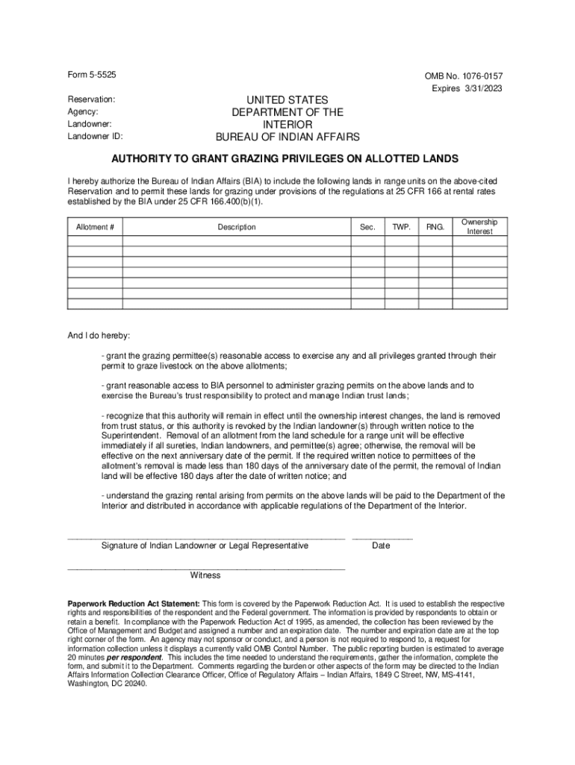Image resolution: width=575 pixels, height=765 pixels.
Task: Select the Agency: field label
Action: (83, 112)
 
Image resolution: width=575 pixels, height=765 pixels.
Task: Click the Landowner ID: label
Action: (96, 137)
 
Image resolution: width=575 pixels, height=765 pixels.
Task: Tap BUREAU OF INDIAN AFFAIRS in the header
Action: (287, 137)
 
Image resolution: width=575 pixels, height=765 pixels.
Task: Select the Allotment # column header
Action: (95, 227)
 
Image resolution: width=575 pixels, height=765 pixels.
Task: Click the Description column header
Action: (237, 227)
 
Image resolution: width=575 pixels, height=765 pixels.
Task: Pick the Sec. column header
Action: (367, 227)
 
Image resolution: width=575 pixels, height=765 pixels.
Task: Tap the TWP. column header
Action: (401, 227)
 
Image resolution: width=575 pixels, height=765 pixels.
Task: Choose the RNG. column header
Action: (435, 227)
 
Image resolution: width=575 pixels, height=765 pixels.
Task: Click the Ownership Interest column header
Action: (479, 227)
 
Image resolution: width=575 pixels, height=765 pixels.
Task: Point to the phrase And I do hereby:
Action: (99, 335)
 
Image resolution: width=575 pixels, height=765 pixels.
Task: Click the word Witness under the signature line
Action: (205, 575)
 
